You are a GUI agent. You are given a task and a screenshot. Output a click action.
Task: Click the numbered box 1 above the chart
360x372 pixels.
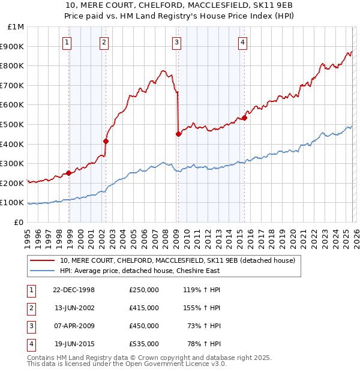click(x=66, y=42)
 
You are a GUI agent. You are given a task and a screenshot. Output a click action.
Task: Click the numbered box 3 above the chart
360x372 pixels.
click(x=177, y=42)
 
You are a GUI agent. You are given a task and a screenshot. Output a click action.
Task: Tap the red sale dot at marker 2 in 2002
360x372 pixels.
click(x=106, y=141)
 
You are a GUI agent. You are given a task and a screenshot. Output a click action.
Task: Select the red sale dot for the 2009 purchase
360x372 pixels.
click(x=178, y=134)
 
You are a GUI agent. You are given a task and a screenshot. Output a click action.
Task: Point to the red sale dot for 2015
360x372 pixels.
click(x=244, y=118)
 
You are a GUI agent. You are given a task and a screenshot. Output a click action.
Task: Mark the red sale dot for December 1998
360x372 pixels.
click(x=68, y=173)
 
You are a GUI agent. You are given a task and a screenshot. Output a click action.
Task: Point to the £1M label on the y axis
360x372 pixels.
click(x=16, y=27)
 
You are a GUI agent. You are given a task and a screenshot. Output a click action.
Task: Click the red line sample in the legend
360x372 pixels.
click(x=43, y=261)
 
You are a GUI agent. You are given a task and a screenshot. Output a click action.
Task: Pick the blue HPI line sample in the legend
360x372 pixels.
click(x=43, y=271)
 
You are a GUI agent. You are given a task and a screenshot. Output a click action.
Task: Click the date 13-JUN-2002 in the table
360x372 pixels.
click(x=74, y=308)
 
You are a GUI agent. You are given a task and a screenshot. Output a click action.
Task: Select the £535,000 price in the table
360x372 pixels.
click(x=143, y=344)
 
